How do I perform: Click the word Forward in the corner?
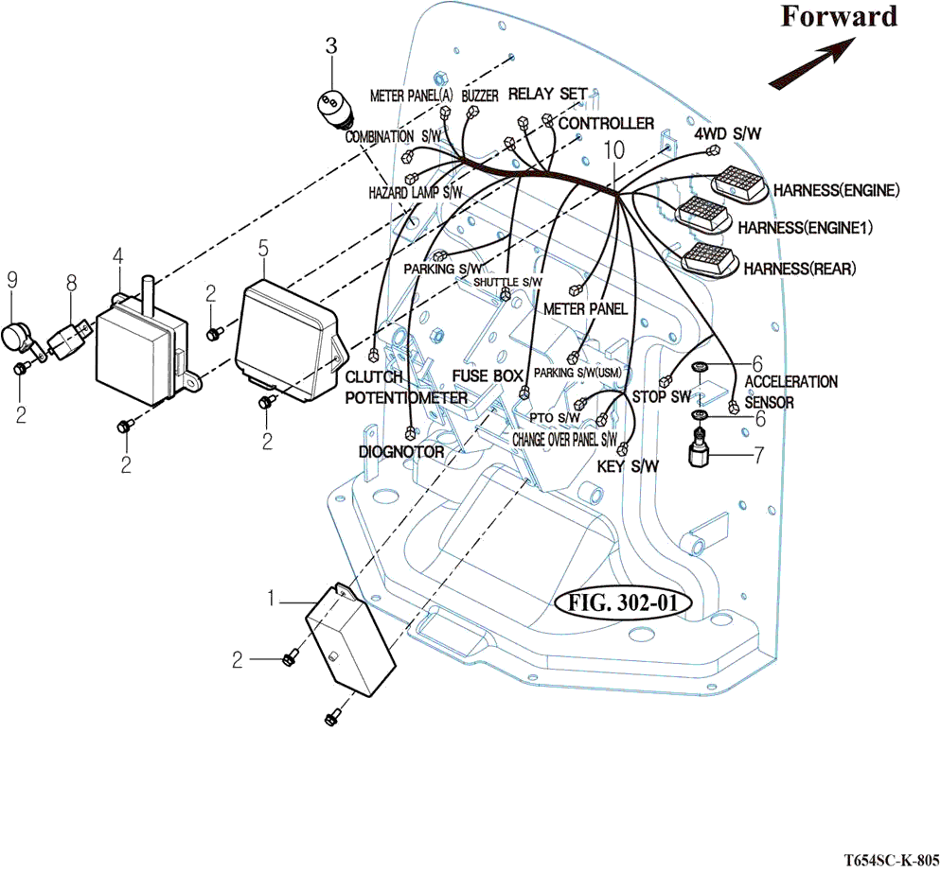(839, 17)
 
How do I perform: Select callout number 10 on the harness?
(613, 150)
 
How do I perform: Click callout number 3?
(331, 44)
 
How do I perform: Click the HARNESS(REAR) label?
(799, 269)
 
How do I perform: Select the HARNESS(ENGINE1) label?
(805, 228)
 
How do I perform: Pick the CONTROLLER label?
(606, 124)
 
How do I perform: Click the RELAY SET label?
(548, 94)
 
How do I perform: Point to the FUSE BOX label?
(488, 375)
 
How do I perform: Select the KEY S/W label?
(628, 466)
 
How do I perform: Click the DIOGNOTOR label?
(401, 452)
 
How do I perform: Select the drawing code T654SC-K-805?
(890, 861)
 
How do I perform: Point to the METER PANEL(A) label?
(411, 96)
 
